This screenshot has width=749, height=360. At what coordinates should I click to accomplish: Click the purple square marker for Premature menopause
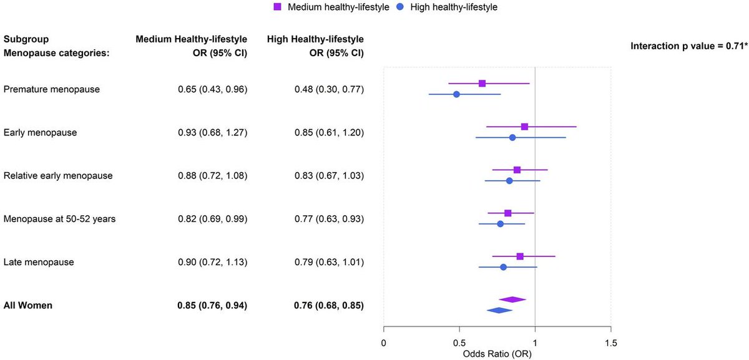(x=482, y=83)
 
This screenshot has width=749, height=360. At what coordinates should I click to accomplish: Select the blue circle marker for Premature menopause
(x=456, y=94)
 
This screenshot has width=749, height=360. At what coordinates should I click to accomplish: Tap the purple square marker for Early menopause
(x=524, y=127)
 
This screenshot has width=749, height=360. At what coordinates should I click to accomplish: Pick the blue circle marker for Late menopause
(x=503, y=267)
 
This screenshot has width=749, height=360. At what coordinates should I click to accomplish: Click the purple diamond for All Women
(x=512, y=299)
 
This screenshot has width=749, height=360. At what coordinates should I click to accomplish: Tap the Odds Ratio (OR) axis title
(x=497, y=353)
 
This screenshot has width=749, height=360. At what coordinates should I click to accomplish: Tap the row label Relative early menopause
(x=58, y=175)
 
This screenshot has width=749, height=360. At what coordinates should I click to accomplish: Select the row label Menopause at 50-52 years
(x=59, y=218)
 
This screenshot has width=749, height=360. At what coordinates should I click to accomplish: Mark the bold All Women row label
(x=28, y=305)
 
